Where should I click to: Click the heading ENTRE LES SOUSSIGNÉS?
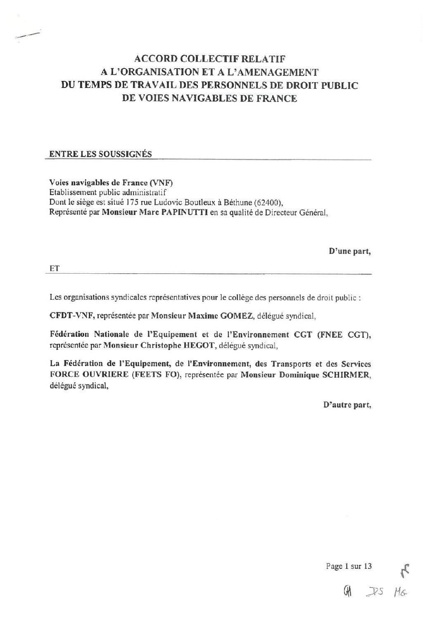(100, 154)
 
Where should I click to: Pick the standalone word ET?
(55, 268)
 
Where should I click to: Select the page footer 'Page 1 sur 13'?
(349, 566)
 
